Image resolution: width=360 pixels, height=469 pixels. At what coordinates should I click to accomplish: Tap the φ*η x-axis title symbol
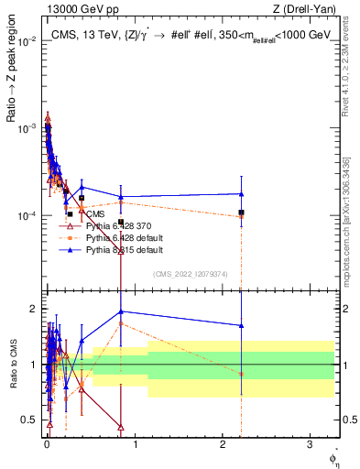[x=335, y=456]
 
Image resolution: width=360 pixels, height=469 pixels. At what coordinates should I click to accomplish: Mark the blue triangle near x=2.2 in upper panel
[x=241, y=193]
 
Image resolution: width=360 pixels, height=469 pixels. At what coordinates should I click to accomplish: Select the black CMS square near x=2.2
[x=241, y=213]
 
